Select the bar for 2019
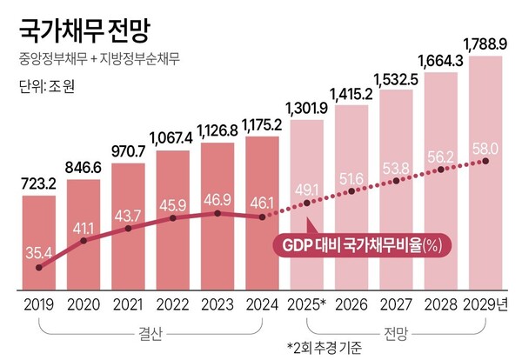pos(39,243)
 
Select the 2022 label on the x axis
pos(172,305)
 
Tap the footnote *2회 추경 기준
pos(325,348)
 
